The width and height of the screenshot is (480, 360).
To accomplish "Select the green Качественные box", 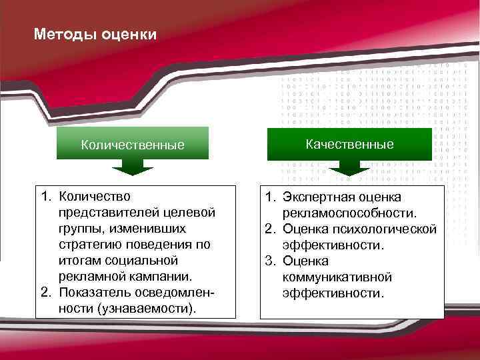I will click(349, 144).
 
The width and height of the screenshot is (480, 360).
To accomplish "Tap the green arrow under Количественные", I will click(133, 168).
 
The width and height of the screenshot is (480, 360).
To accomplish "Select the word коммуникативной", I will click(337, 277).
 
